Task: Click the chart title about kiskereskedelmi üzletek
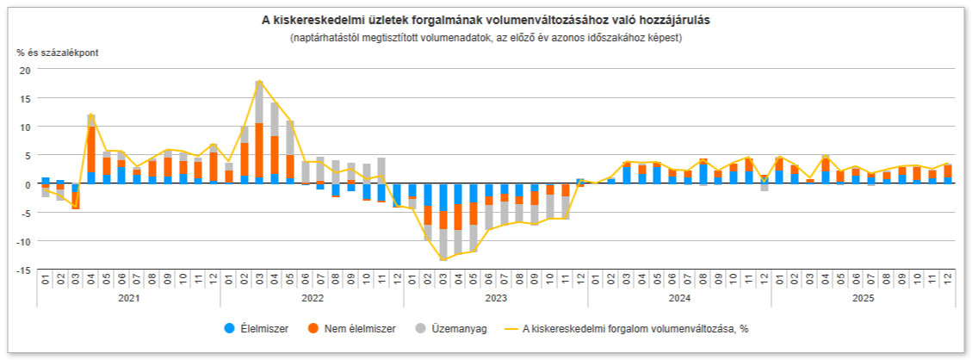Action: [486, 19]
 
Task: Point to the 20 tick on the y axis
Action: [24, 70]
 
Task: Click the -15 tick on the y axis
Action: [22, 270]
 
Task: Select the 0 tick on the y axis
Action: [26, 184]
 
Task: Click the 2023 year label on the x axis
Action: [495, 297]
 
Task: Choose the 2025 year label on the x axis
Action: [863, 297]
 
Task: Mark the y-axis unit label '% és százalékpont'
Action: [58, 53]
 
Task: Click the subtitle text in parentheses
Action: [486, 38]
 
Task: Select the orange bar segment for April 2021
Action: [91, 149]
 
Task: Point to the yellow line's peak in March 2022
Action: [259, 81]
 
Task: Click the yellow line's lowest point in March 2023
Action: [443, 259]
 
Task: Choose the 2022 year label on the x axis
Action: [312, 297]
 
